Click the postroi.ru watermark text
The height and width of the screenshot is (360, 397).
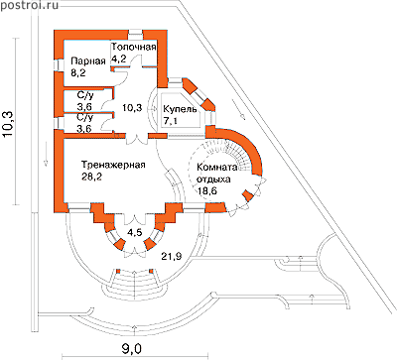click(29, 5)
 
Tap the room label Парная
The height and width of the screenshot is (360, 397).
click(88, 61)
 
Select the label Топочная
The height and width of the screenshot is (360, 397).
click(133, 47)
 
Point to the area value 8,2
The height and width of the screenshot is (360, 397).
click(78, 72)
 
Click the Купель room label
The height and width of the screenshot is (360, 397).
click(180, 109)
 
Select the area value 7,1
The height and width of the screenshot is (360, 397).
click(171, 121)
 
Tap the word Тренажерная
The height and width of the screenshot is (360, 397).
click(113, 165)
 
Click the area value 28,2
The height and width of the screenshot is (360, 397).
click(91, 177)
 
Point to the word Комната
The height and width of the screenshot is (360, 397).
click(217, 167)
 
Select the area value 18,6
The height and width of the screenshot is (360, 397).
click(207, 191)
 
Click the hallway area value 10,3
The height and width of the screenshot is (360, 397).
click(132, 108)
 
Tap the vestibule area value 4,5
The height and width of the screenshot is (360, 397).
click(135, 233)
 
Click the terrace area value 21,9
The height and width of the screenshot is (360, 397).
click(172, 256)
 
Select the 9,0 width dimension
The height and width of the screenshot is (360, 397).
click(131, 348)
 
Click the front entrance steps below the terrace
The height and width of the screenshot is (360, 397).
click(135, 285)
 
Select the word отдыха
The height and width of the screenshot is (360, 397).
click(213, 180)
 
